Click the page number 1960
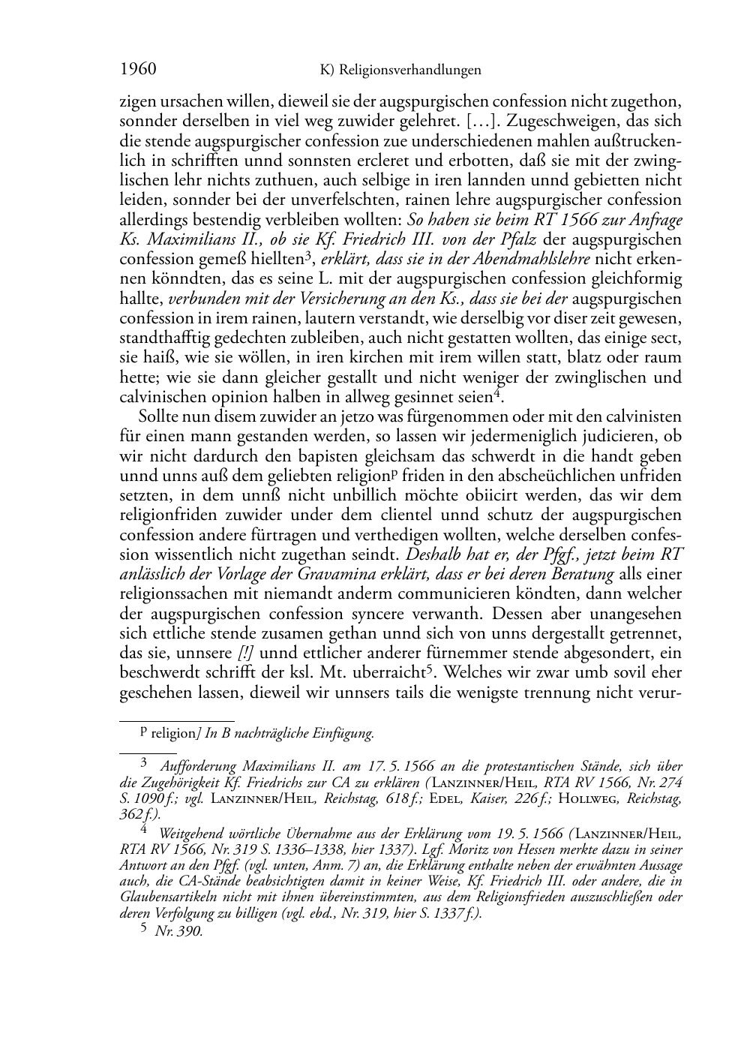coord(138,70)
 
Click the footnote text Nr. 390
coord(178,931)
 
